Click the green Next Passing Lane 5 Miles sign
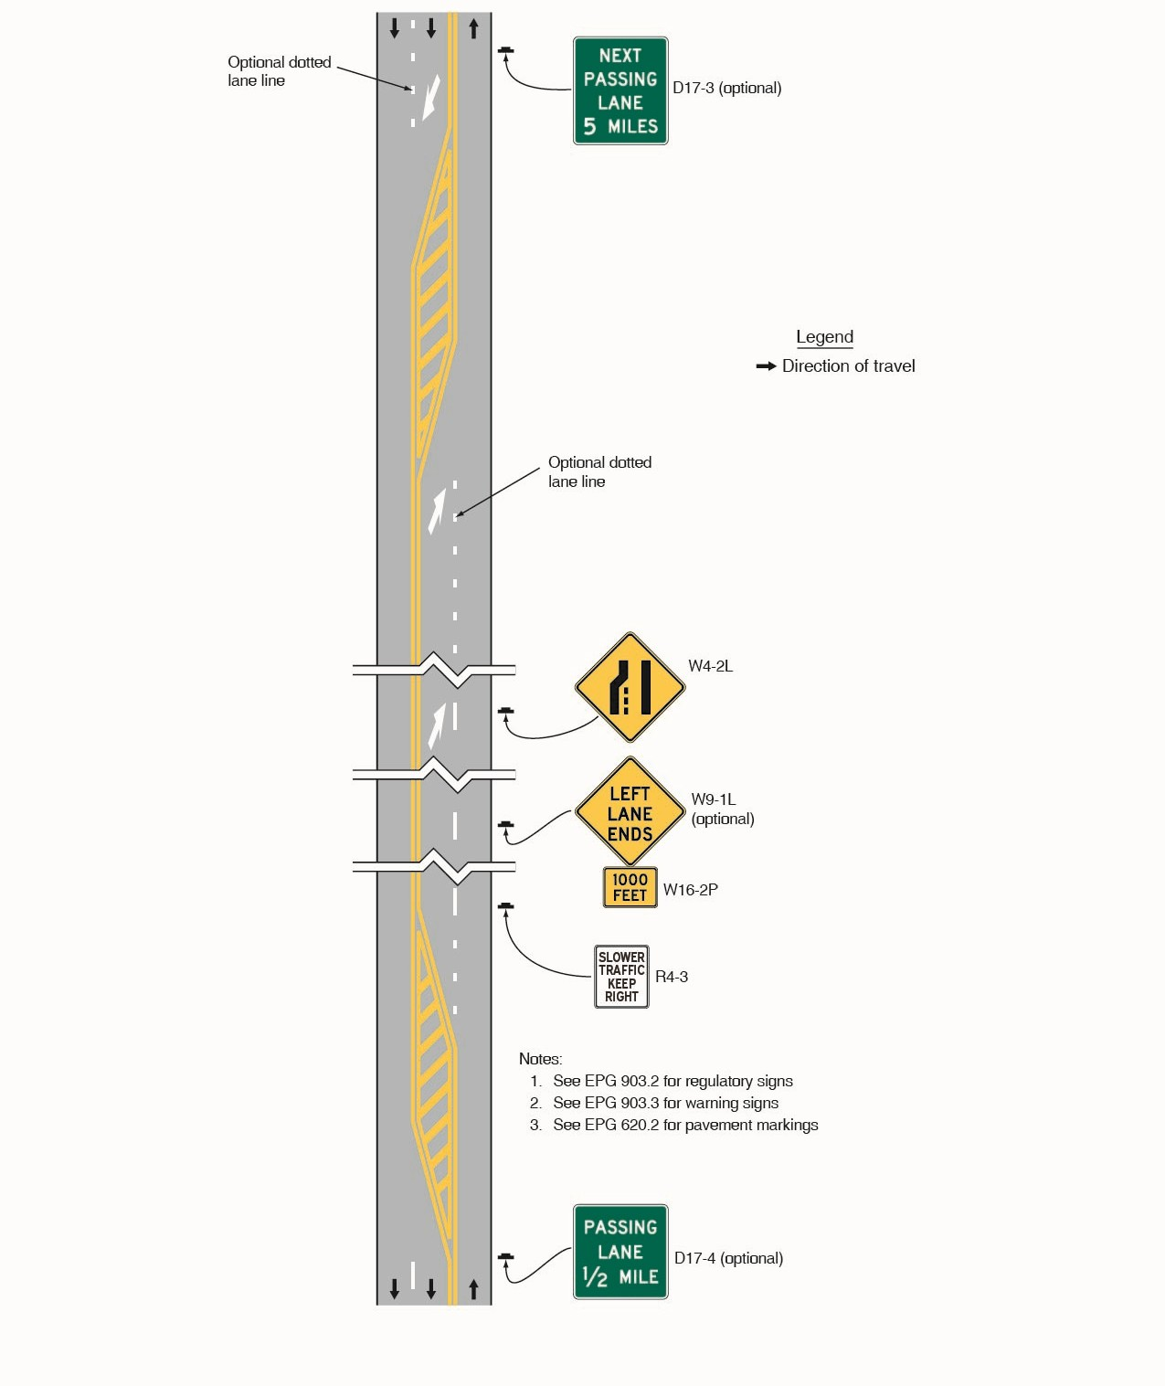tap(620, 90)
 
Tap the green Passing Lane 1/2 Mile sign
tap(620, 1252)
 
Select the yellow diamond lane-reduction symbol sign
tap(630, 687)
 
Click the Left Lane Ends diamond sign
tap(630, 811)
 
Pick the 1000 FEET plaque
tap(630, 887)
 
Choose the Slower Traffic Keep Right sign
tap(621, 977)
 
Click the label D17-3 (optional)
tap(726, 89)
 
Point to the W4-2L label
tap(710, 666)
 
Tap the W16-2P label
tap(690, 890)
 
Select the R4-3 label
tap(672, 977)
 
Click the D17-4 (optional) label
tap(728, 1258)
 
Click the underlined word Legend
tap(824, 337)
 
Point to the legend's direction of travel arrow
tap(766, 366)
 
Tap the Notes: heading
tap(540, 1059)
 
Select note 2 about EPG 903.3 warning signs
tap(665, 1103)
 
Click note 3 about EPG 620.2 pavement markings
tap(684, 1125)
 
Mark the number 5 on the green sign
tap(589, 127)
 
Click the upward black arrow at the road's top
tap(473, 29)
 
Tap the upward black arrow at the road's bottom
tap(473, 1289)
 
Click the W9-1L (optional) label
tap(722, 809)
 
